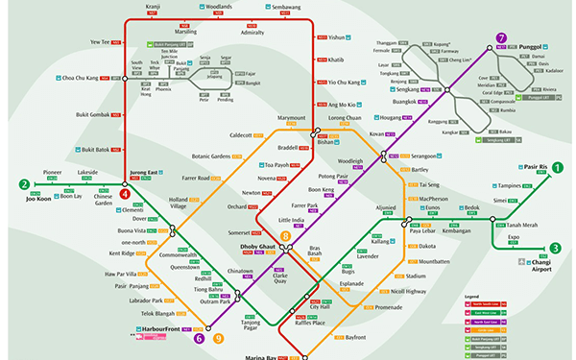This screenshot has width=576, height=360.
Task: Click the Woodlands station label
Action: [x=218, y=7]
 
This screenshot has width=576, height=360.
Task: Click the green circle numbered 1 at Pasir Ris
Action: [x=557, y=166]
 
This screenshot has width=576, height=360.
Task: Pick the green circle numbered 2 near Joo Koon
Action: [x=24, y=184]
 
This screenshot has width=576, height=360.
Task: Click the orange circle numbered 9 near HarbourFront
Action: [x=219, y=337]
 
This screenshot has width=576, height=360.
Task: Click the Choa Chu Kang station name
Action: [x=83, y=77]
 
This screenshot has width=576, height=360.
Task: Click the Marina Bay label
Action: [x=257, y=356]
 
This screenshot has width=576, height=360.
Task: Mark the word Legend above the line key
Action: [x=471, y=297]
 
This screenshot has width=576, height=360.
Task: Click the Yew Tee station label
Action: [x=101, y=42]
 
